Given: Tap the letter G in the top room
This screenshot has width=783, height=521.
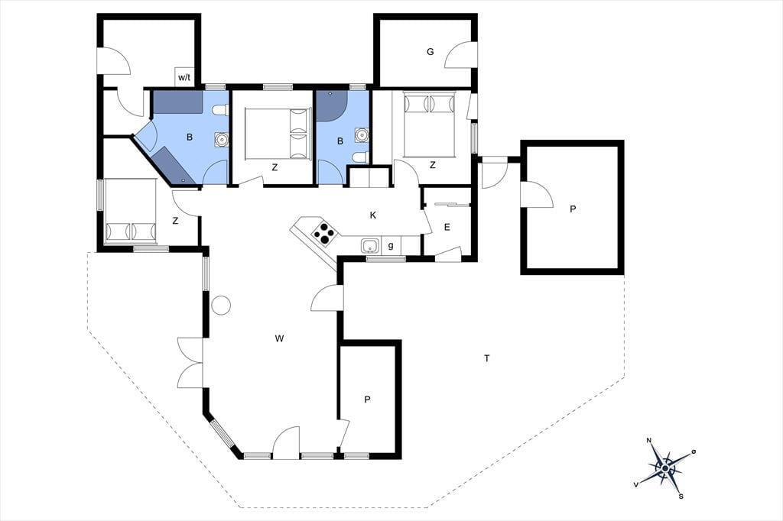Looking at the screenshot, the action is click(x=430, y=51).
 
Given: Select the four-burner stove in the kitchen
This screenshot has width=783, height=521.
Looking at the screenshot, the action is click(x=323, y=234).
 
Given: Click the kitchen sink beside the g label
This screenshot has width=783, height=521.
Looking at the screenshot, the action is click(x=370, y=246).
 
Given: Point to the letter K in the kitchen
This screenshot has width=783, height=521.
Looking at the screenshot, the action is click(x=372, y=215).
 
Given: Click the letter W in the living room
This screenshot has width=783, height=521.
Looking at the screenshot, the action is click(x=279, y=339).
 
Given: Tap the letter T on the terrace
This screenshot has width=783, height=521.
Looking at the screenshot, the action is click(x=486, y=358).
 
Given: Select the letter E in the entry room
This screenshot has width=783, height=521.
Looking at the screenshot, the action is click(x=447, y=227).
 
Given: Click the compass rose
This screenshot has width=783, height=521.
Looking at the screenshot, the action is click(x=665, y=468).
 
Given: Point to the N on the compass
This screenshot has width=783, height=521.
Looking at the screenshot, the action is click(x=649, y=440).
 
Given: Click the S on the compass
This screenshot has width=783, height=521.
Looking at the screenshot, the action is click(x=681, y=496).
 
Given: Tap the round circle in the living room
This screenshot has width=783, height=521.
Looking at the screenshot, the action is click(x=221, y=305).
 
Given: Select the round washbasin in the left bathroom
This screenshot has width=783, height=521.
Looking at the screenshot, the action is click(x=221, y=139).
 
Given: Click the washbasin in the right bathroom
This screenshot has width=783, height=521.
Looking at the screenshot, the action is click(x=362, y=134).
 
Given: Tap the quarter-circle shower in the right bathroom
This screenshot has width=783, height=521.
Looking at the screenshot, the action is click(x=329, y=105).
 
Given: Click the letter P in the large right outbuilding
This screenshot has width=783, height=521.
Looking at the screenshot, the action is click(x=572, y=209).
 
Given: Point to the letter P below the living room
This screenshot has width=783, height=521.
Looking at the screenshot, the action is click(x=367, y=400).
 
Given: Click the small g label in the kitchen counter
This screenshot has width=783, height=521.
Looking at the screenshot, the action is click(x=391, y=245).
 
